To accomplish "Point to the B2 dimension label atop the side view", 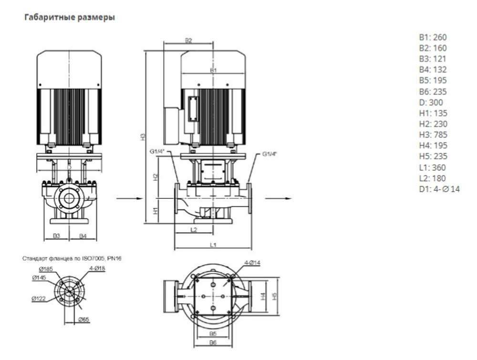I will click(188, 41).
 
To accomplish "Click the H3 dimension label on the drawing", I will click(143, 136).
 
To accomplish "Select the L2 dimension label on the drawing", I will click(194, 229).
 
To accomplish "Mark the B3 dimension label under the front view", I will click(56, 236).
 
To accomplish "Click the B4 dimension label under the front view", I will click(82, 236).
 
